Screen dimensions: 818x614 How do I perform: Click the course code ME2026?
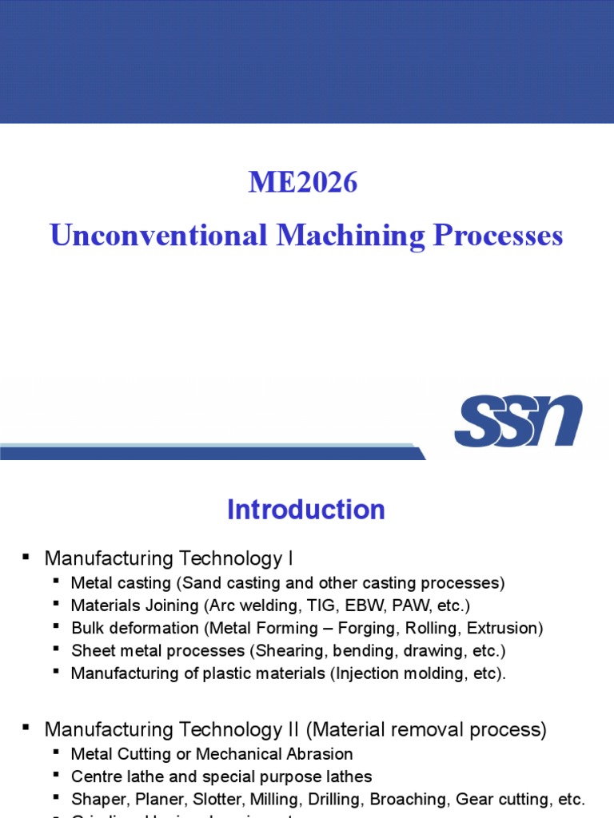tap(303, 183)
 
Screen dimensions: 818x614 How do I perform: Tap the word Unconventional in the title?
tap(157, 236)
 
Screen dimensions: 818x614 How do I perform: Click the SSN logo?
tap(518, 420)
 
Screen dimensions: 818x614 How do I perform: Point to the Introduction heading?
tap(306, 510)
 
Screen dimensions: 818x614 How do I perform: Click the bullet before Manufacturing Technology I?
tap(26, 557)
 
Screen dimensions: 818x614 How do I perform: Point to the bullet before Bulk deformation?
tap(56, 626)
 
